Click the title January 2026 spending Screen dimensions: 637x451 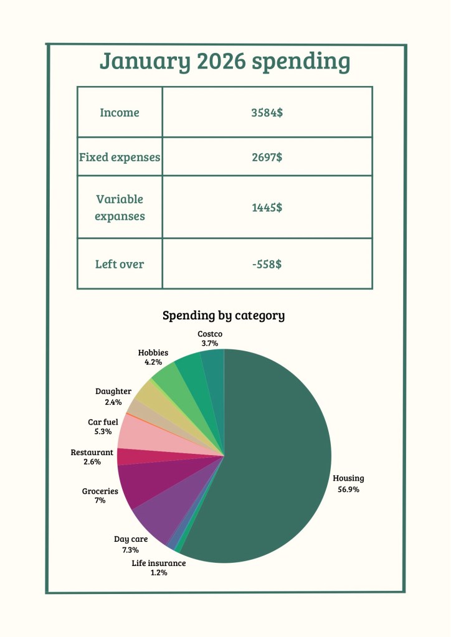pyautogui.click(x=225, y=62)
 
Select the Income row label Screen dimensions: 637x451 pyautogui.click(x=120, y=113)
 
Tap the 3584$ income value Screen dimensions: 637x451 pyautogui.click(x=267, y=113)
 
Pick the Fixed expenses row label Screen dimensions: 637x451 pyautogui.click(x=120, y=157)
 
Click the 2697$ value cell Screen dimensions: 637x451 pyautogui.click(x=267, y=157)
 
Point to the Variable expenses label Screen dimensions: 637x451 pyautogui.click(x=120, y=207)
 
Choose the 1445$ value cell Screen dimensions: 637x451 pyautogui.click(x=267, y=207)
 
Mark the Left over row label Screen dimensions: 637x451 pyautogui.click(x=120, y=264)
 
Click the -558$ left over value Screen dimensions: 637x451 pyautogui.click(x=267, y=264)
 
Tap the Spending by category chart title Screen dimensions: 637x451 pyautogui.click(x=224, y=316)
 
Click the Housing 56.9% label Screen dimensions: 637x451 pyautogui.click(x=348, y=484)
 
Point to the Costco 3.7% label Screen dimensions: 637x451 pyautogui.click(x=210, y=339)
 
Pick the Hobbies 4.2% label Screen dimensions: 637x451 pyautogui.click(x=153, y=357)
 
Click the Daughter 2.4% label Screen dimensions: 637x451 pyautogui.click(x=113, y=397)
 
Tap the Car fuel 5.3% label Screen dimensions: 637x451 pyautogui.click(x=103, y=427)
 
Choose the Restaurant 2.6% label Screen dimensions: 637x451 pyautogui.click(x=92, y=457)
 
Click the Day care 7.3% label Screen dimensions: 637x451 pyautogui.click(x=131, y=544)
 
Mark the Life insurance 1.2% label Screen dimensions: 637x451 pyautogui.click(x=159, y=568)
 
